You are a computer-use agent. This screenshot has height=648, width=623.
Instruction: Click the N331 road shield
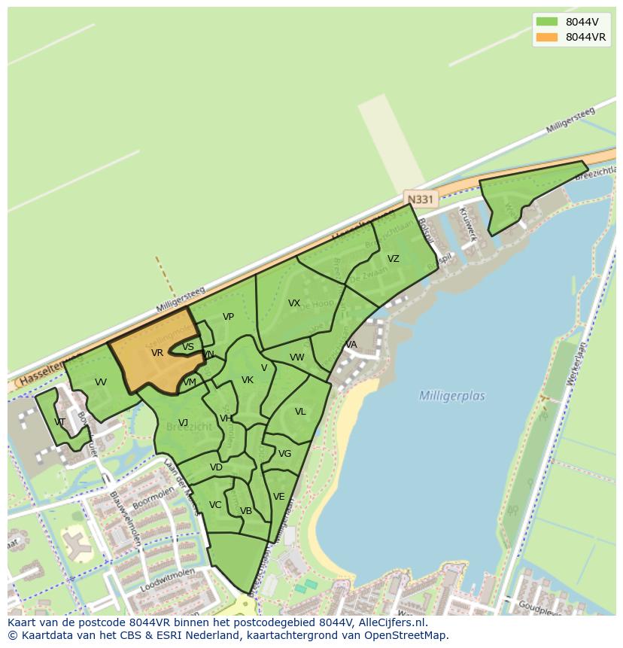click(420, 199)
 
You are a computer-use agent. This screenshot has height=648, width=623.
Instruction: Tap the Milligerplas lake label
click(451, 396)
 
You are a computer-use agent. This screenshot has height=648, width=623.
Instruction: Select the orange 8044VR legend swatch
click(547, 37)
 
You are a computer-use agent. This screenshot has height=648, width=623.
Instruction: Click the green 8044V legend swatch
click(547, 22)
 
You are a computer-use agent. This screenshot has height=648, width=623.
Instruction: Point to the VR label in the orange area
click(157, 353)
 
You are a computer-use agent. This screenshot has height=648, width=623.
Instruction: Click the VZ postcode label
click(393, 259)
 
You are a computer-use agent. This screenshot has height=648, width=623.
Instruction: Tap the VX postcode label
click(294, 303)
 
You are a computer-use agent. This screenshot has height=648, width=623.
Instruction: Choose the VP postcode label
click(229, 317)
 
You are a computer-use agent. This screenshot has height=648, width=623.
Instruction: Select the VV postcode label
click(101, 382)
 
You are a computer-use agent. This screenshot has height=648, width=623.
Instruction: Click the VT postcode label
click(60, 422)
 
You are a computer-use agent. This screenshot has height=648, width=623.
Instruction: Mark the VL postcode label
click(300, 412)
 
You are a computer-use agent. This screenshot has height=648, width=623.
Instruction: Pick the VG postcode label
click(284, 454)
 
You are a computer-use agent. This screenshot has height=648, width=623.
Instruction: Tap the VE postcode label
click(279, 497)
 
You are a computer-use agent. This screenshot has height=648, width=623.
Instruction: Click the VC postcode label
click(215, 505)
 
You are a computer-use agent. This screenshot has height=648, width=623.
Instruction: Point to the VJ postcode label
click(183, 422)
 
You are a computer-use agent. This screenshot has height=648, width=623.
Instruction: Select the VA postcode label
click(351, 345)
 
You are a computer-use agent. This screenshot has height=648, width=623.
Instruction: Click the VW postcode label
click(297, 357)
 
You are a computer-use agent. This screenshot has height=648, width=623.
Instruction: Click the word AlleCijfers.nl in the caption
click(391, 623)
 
